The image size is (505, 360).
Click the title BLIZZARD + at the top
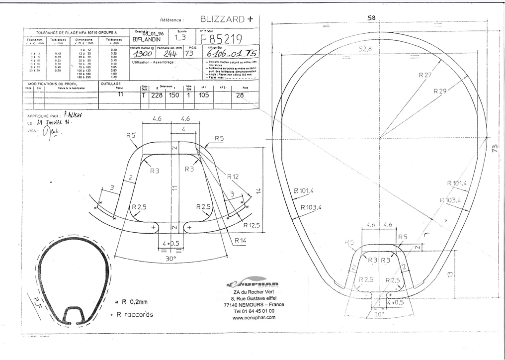coord(227,19)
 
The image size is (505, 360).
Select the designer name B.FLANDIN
coord(148,39)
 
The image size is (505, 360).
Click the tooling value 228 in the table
coord(157,95)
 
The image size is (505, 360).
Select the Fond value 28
coord(240,95)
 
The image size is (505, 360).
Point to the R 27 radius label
coord(425,75)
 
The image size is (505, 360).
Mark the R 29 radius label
coord(440,91)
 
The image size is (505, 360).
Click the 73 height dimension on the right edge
coord(495,148)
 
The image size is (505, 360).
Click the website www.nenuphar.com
coord(253,317)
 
